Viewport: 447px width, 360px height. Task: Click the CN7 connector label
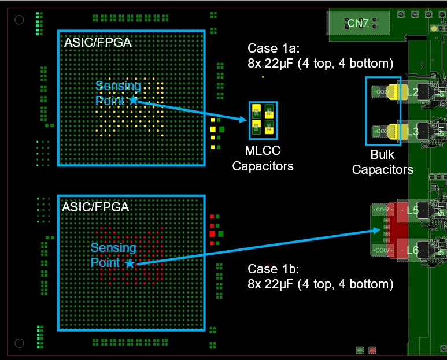coord(359,23)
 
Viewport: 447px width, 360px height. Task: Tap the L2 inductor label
coord(412,92)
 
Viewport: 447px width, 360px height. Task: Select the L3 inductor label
coord(412,132)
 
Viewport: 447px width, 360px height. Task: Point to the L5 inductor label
coord(413,211)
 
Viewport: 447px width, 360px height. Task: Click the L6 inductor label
coord(413,250)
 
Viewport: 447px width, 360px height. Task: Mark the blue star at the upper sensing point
coord(133,100)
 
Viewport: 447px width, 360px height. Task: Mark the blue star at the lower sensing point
coord(130,263)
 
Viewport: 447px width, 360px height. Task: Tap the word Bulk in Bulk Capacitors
coord(382,156)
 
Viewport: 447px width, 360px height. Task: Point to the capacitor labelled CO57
coord(382,210)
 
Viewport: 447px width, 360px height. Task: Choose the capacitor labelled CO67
coord(382,250)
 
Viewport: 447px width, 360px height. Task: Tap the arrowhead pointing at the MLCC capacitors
coord(250,120)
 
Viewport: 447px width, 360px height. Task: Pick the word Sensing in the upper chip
coord(118,86)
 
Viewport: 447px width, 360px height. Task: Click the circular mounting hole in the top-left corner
coord(19,20)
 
